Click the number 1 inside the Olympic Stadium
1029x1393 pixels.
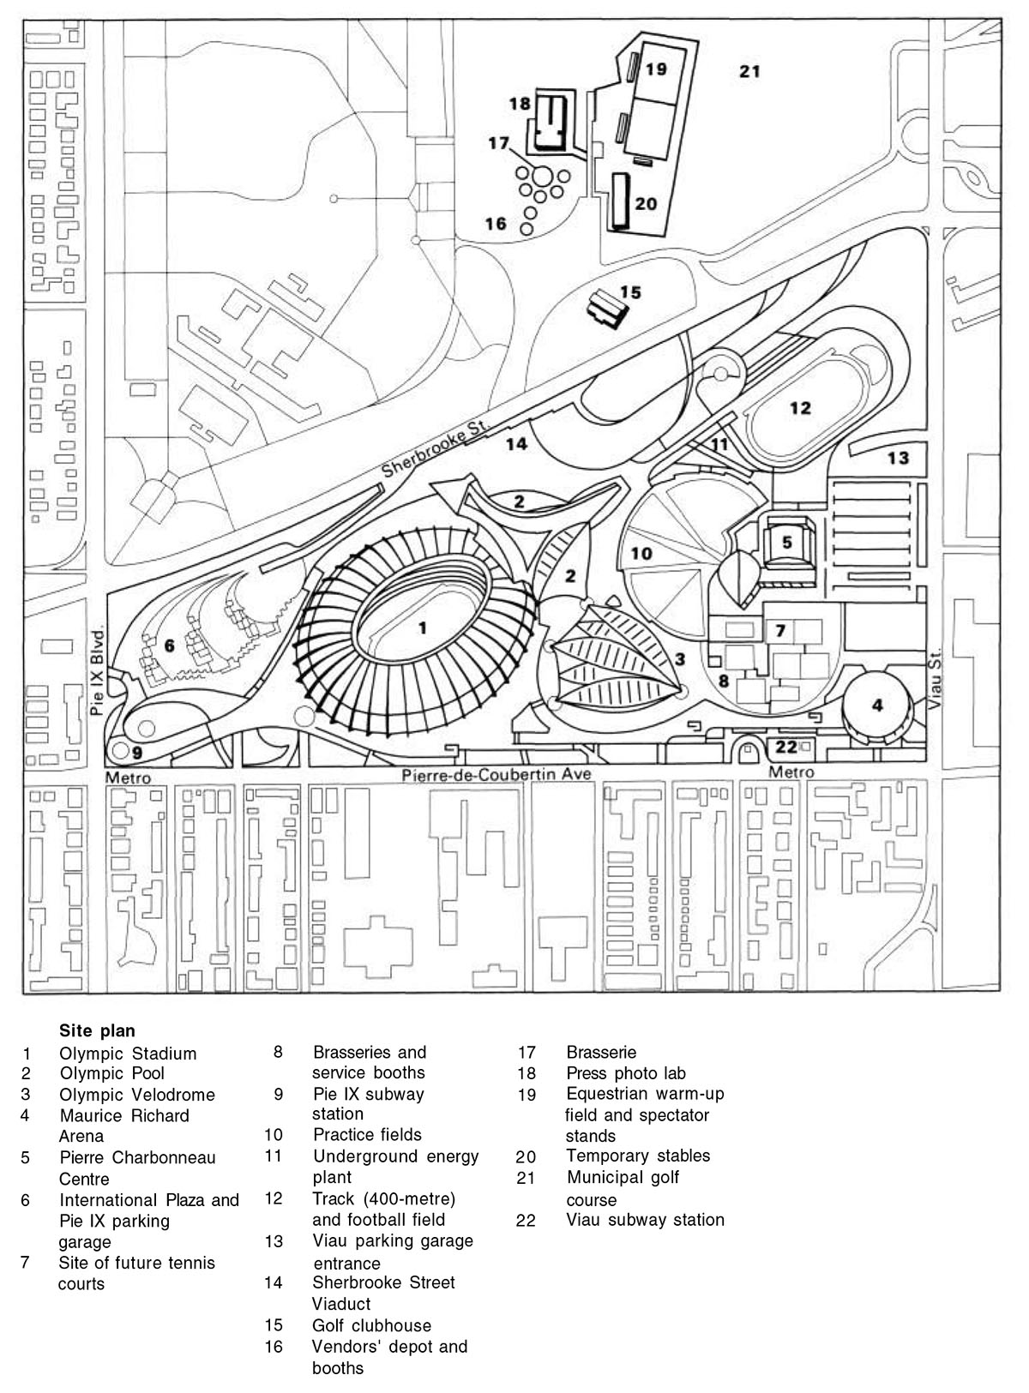click(x=421, y=628)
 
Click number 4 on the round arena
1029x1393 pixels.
click(x=876, y=706)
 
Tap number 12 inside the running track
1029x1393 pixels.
click(x=799, y=408)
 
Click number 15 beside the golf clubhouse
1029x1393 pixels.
click(x=630, y=292)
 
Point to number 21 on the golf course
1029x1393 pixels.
click(x=749, y=71)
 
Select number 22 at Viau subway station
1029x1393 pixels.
click(x=785, y=747)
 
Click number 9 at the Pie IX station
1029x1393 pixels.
click(x=136, y=753)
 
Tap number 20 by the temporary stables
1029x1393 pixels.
click(x=646, y=204)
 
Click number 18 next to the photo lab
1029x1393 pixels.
click(x=520, y=104)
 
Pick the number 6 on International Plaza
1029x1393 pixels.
click(x=169, y=645)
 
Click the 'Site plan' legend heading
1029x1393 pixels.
click(x=97, y=1030)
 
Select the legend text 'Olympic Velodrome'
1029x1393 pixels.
click(x=136, y=1095)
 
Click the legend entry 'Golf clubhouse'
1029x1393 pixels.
click(x=371, y=1325)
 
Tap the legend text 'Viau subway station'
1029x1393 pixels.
click(x=645, y=1219)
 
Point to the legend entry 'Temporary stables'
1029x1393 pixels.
click(x=638, y=1156)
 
